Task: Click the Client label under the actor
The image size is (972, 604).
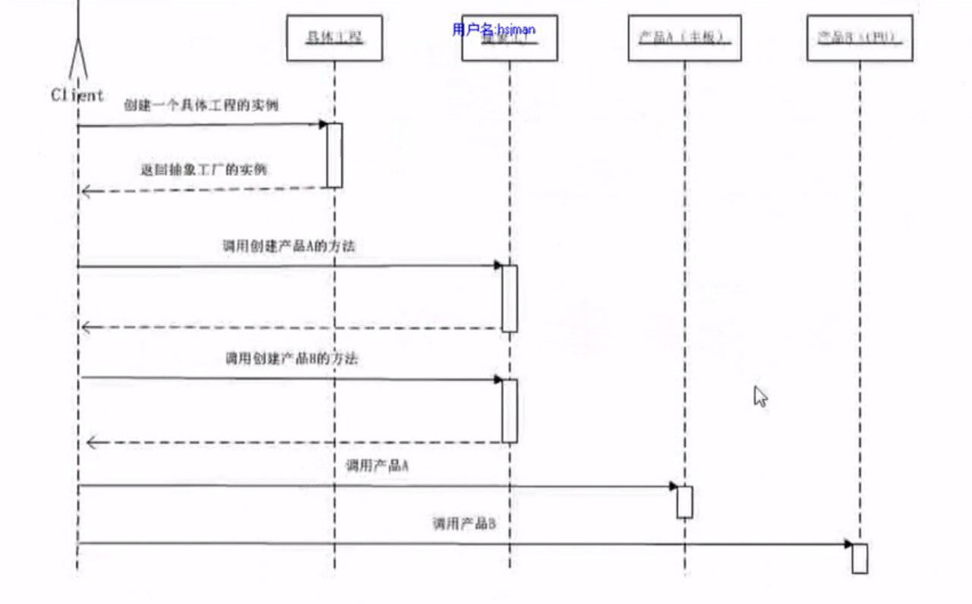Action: [77, 96]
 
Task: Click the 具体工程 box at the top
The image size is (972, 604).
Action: [334, 38]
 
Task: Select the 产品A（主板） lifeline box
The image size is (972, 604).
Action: [684, 38]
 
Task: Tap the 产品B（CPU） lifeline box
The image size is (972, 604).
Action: [860, 38]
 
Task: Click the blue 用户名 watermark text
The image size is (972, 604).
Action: [494, 30]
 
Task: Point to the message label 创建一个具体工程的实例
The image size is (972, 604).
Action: [201, 105]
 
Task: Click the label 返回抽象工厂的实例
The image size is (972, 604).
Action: [204, 169]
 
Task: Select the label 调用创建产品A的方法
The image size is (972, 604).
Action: [289, 246]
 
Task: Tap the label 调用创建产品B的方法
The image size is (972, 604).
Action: [292, 358]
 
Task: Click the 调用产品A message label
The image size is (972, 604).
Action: [377, 466]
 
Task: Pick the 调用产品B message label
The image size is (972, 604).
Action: [464, 523]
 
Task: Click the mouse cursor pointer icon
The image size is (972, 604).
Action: [760, 396]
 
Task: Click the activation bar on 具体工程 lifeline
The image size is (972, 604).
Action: [334, 155]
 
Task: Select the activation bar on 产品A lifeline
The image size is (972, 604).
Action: [684, 502]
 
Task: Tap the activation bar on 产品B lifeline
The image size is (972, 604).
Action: [860, 558]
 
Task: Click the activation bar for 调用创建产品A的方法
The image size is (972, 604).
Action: [510, 298]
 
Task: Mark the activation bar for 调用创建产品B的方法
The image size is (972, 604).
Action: [510, 411]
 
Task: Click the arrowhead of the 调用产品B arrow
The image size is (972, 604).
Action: [847, 544]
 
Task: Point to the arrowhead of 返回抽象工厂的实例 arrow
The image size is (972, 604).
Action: [86, 191]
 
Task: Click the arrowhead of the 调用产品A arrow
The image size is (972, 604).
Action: [673, 486]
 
